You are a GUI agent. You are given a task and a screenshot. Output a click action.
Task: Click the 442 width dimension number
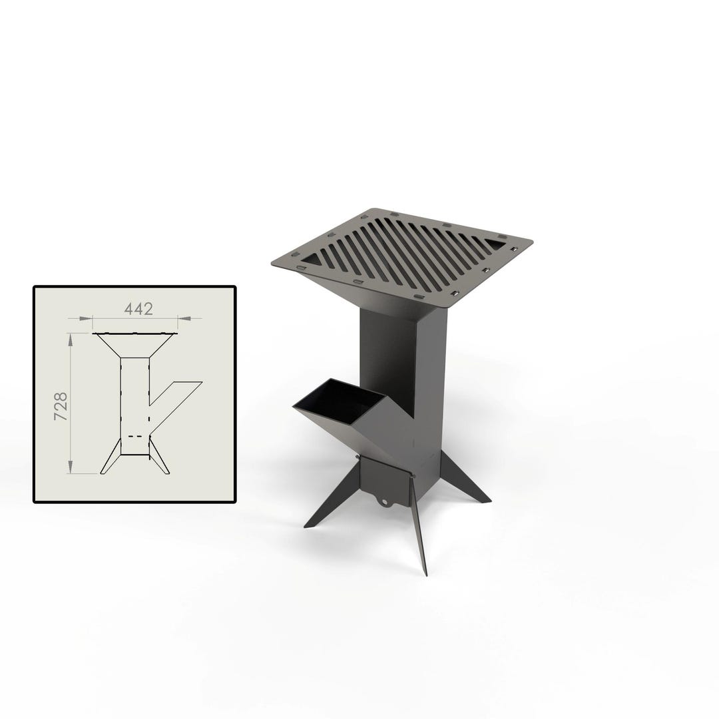pyautogui.click(x=138, y=309)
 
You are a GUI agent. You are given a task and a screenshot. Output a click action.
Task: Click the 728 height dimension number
pyautogui.click(x=61, y=405)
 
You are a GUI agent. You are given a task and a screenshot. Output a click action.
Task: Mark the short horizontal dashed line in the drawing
pyautogui.click(x=135, y=437)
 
